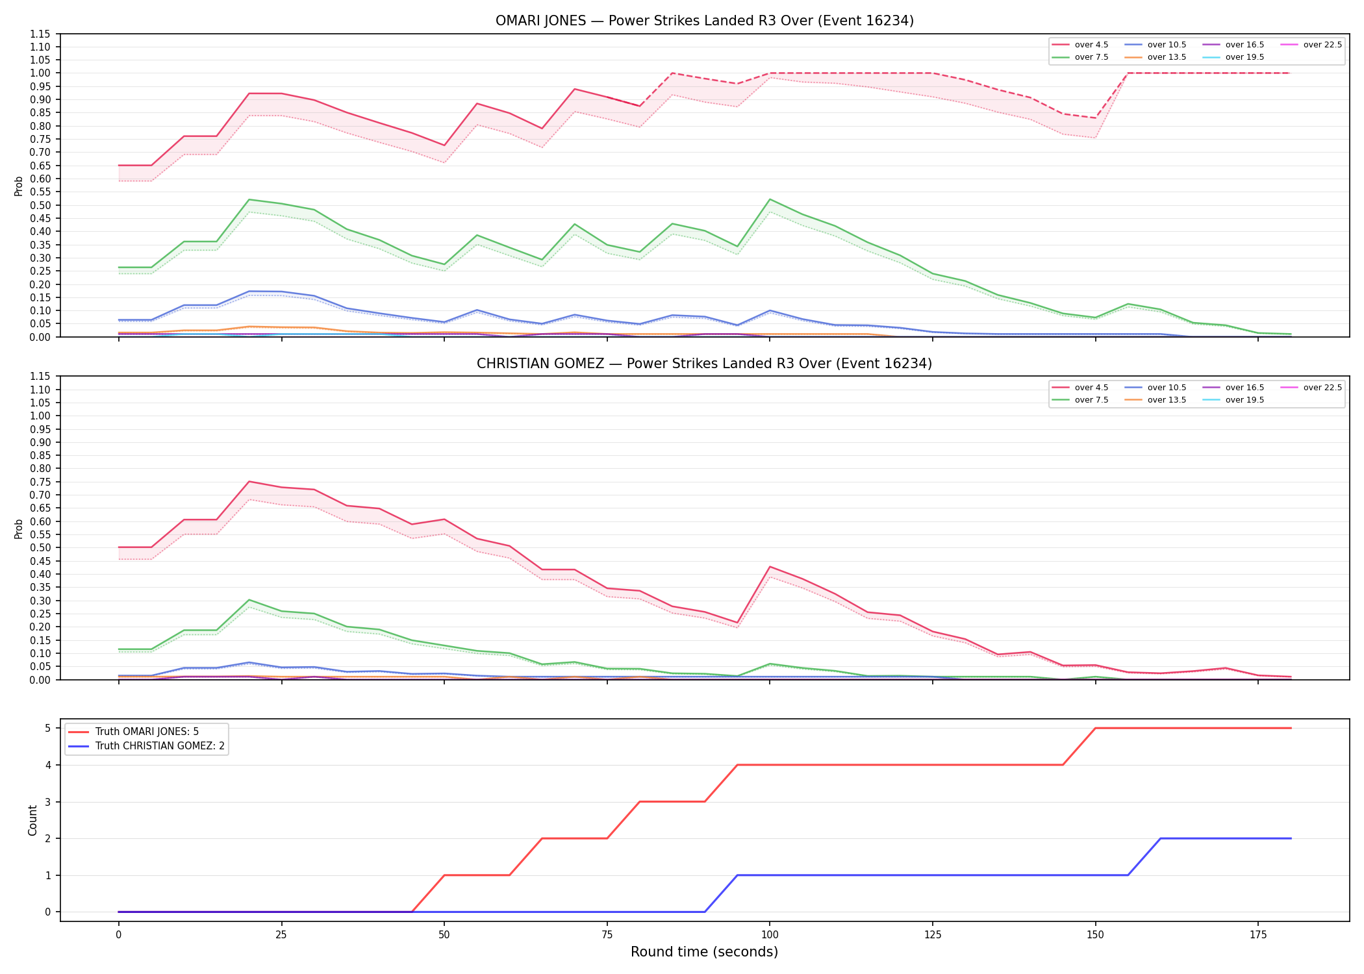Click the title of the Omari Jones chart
click(x=704, y=21)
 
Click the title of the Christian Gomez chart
click(x=704, y=364)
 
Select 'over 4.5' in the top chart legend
click(x=1091, y=45)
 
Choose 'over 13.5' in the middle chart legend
click(x=1167, y=400)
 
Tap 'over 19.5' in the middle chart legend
click(x=1244, y=400)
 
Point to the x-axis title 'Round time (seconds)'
click(x=704, y=952)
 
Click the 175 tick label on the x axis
click(x=1258, y=935)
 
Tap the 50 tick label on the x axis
click(x=444, y=935)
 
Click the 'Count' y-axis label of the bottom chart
click(x=32, y=820)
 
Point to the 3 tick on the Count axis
click(x=47, y=802)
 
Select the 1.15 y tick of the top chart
click(x=40, y=34)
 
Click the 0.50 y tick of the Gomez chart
click(x=40, y=547)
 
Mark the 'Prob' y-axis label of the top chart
click(x=19, y=186)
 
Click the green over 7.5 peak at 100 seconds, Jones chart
click(x=770, y=199)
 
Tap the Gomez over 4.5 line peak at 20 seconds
click(x=249, y=481)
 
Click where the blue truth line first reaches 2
click(x=1161, y=838)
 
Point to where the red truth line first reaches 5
click(x=1096, y=728)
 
